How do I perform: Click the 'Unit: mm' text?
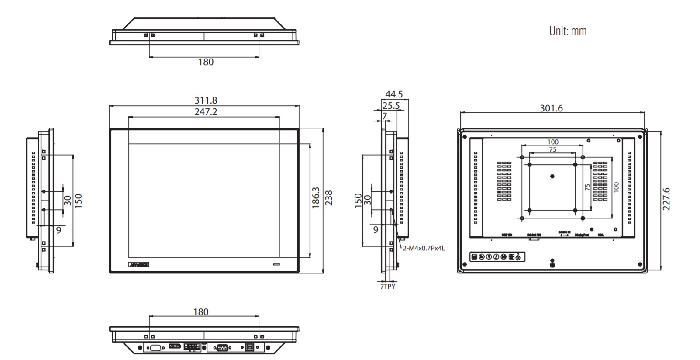[x=568, y=31]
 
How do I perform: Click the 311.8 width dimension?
[x=206, y=100]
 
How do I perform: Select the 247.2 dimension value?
[x=206, y=112]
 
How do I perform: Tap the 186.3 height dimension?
[x=316, y=198]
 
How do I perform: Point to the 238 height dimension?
[x=329, y=198]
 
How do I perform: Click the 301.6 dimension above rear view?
[x=551, y=108]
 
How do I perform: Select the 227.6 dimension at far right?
[x=666, y=199]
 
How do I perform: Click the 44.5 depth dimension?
[x=394, y=94]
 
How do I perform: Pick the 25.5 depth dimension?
[x=391, y=106]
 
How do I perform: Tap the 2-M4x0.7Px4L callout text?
[x=424, y=248]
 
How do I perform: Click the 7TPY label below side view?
[x=388, y=287]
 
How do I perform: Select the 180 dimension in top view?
[x=206, y=62]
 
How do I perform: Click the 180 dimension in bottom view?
[x=201, y=312]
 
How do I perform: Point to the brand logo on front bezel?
[x=139, y=265]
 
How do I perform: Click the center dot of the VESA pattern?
[x=552, y=177]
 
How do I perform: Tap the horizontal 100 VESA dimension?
[x=553, y=142]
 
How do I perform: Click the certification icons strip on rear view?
[x=497, y=257]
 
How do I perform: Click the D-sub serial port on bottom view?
[x=222, y=348]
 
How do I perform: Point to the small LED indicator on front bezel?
[x=276, y=264]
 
